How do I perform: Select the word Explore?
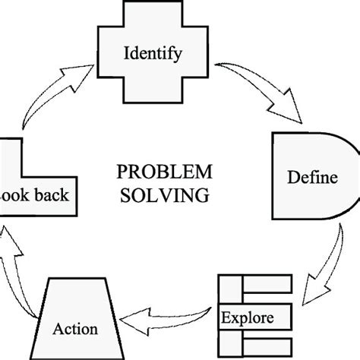point(244,314)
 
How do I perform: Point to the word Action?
point(75,330)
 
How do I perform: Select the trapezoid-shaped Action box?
point(75,311)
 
